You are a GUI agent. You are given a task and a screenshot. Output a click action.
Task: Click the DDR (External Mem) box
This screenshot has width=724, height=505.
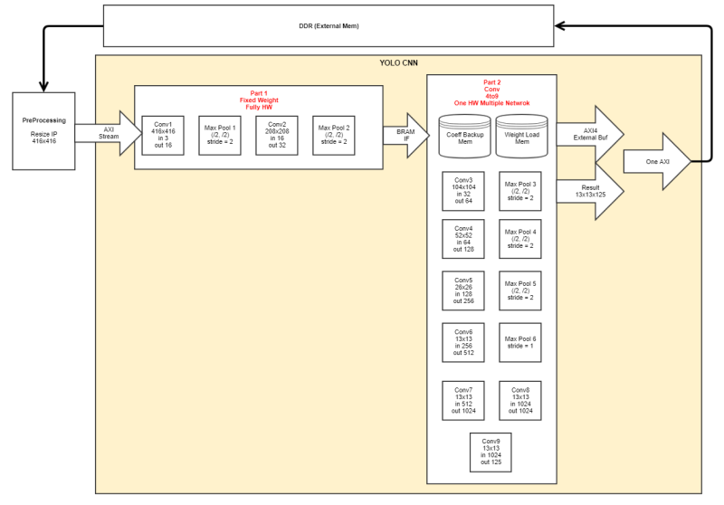pos(328,25)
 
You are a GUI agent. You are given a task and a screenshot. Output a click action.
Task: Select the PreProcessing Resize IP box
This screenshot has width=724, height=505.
pos(44,130)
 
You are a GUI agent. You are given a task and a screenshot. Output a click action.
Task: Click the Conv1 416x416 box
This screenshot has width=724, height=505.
pos(163,135)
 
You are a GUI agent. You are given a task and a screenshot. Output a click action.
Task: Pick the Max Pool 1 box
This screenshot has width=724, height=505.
pos(220,135)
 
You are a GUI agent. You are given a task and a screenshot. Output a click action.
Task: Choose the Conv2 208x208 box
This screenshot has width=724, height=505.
pos(277,135)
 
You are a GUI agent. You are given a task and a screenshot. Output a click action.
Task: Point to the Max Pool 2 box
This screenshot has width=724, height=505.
pos(334,135)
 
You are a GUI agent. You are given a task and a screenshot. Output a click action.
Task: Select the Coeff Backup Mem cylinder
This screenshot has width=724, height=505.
pos(464,133)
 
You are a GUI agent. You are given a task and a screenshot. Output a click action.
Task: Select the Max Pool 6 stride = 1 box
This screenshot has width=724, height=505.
pos(520,343)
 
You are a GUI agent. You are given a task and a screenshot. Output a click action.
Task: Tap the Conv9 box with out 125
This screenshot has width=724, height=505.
pos(491,452)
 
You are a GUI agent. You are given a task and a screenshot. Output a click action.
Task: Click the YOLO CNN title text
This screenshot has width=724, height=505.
pos(398,63)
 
